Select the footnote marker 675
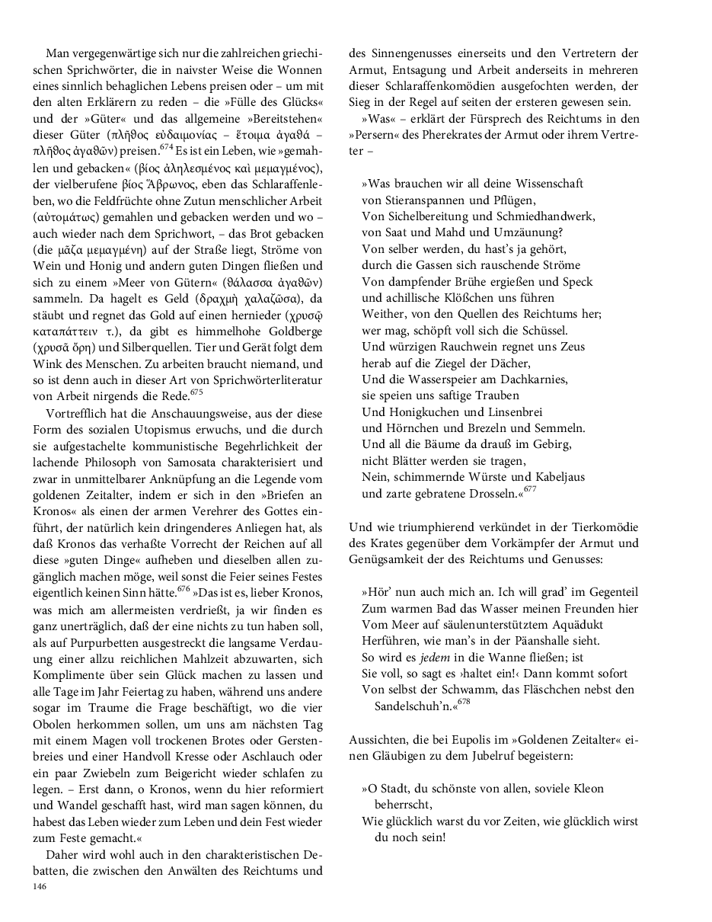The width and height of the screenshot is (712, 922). pyautogui.click(x=196, y=392)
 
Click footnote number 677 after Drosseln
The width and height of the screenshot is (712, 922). pyautogui.click(x=530, y=489)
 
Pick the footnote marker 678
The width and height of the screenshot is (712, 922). pyautogui.click(x=463, y=702)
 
